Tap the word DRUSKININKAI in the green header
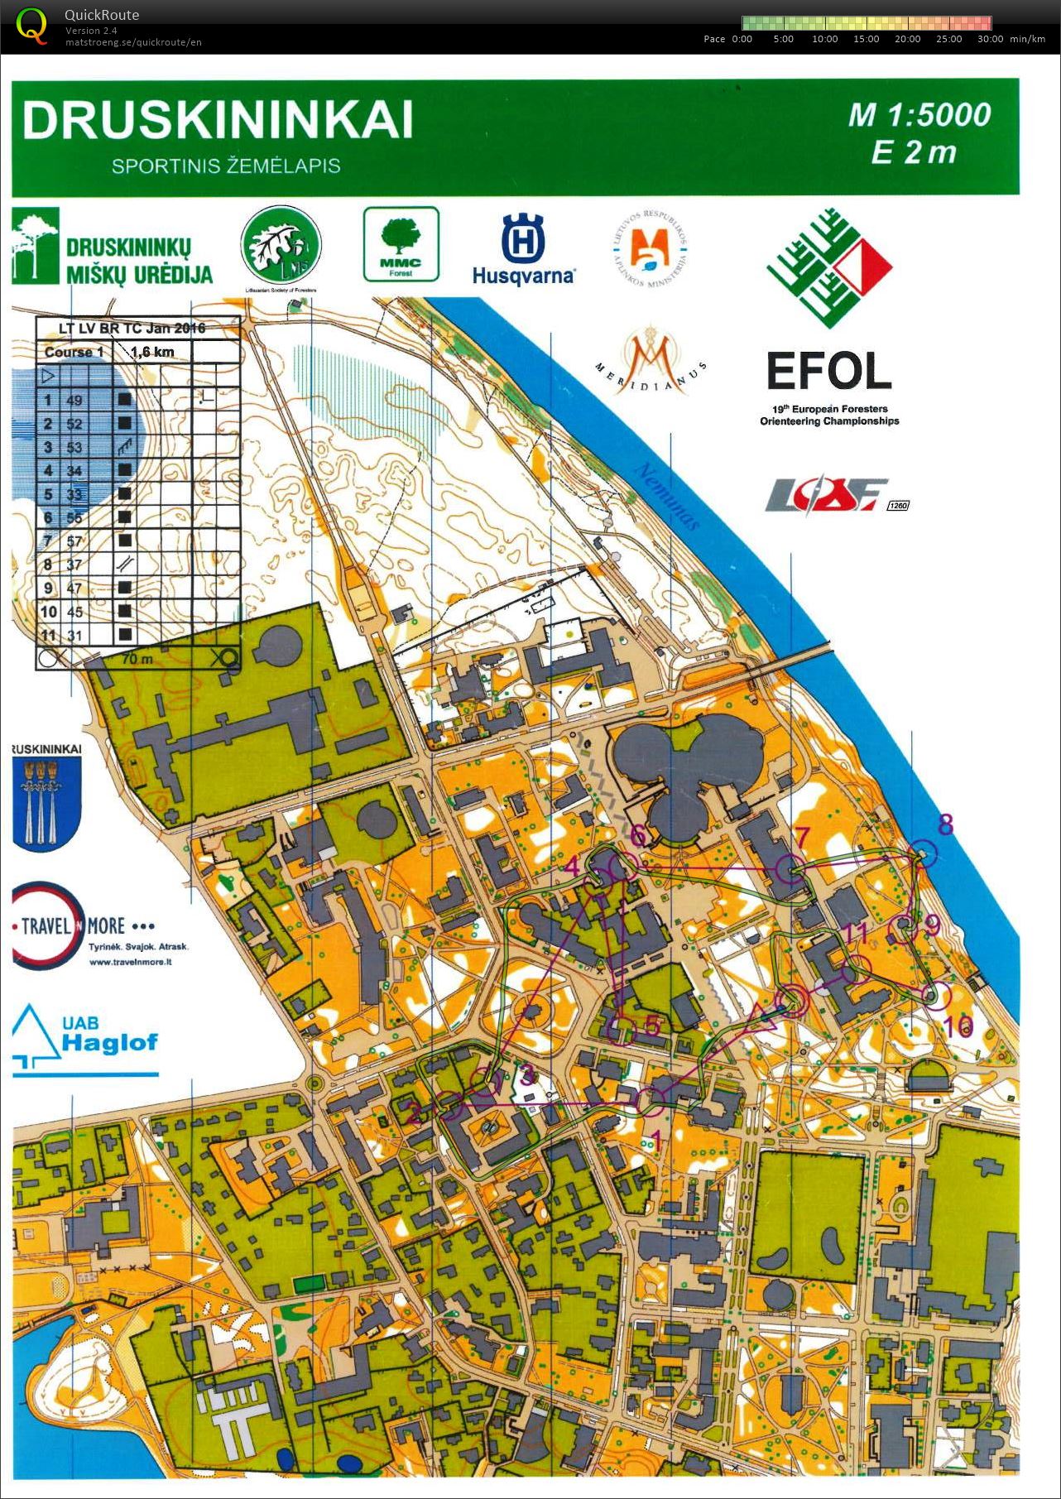click(x=218, y=121)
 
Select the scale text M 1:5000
click(x=919, y=115)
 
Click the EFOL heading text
click(x=828, y=372)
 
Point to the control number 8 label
click(x=945, y=824)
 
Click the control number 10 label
click(x=958, y=1027)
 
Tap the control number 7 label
click(x=800, y=837)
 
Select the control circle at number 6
click(x=622, y=867)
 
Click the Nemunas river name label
click(x=667, y=496)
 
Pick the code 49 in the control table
click(x=74, y=401)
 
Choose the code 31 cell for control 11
click(x=74, y=636)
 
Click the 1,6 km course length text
click(x=152, y=352)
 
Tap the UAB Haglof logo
click(x=85, y=1039)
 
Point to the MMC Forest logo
click(x=401, y=244)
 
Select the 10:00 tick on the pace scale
click(x=824, y=39)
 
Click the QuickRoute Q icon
click(x=31, y=26)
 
